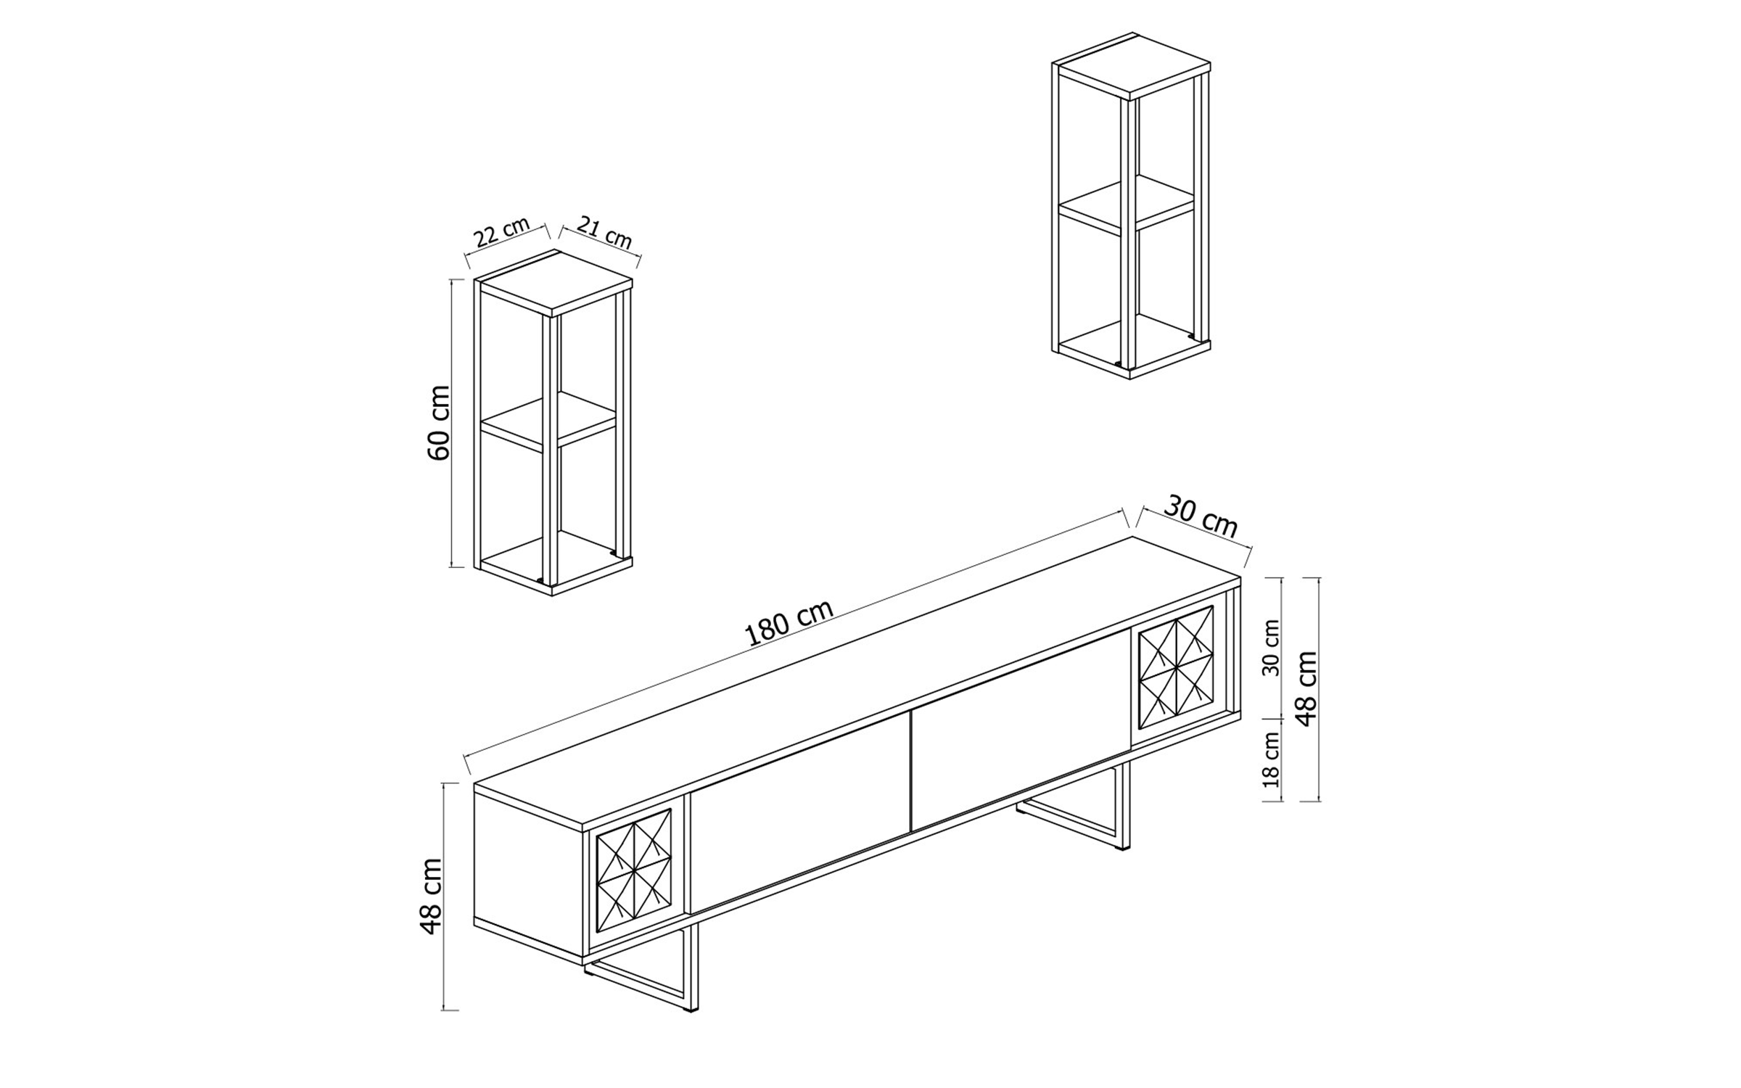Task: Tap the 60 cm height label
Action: pyautogui.click(x=438, y=423)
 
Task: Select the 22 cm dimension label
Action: pyautogui.click(x=502, y=232)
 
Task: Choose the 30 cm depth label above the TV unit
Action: pyautogui.click(x=1201, y=517)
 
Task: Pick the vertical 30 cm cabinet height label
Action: pyautogui.click(x=1271, y=648)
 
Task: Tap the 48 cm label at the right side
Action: pyautogui.click(x=1306, y=688)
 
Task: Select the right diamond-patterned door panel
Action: pyautogui.click(x=1176, y=667)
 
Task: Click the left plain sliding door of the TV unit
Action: pyautogui.click(x=798, y=812)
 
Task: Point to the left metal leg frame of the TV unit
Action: pyautogui.click(x=653, y=986)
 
